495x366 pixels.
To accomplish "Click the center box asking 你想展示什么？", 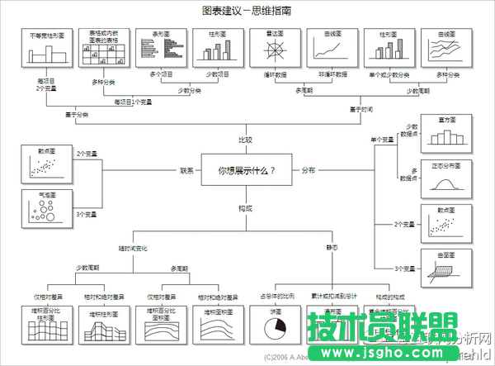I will coord(246,171).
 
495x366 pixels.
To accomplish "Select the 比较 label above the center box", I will coord(245,140).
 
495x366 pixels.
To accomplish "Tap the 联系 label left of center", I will coord(187,171).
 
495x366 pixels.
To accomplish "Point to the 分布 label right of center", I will coord(308,171).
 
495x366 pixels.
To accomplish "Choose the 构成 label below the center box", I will coord(245,207).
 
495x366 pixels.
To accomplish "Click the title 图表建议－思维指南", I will coord(246,11).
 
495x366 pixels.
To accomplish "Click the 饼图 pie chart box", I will coord(275,324).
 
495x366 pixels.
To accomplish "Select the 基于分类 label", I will coord(77,115).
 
